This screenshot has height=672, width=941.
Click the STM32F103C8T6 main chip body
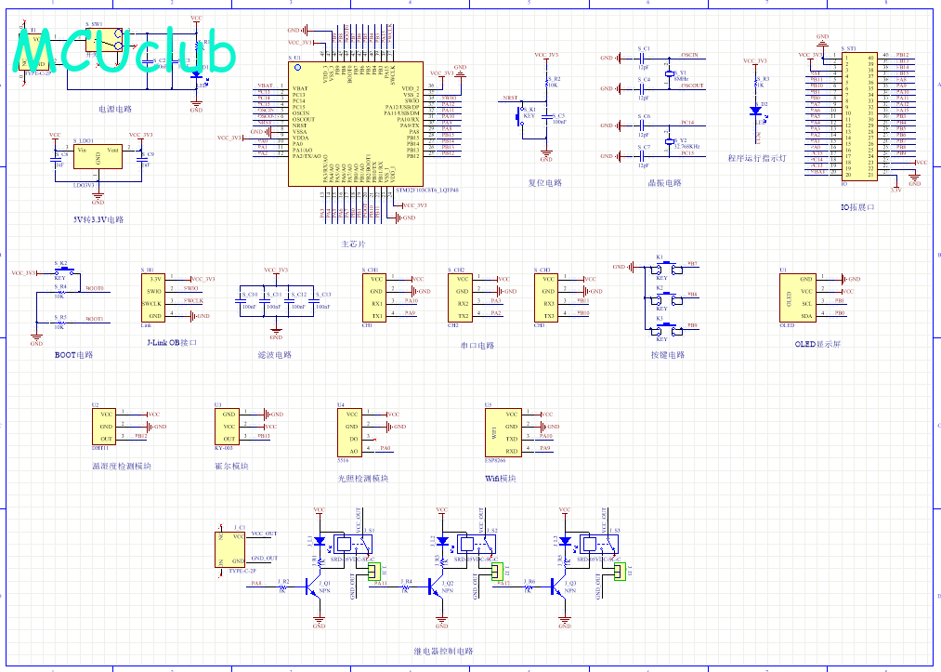pos(357,124)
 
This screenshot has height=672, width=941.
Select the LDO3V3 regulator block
pos(98,159)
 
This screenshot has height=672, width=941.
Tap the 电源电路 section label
pos(115,109)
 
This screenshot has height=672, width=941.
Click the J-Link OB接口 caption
pos(172,342)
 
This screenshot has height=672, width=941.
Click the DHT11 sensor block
pos(107,426)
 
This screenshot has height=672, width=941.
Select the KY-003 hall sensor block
pos(229,426)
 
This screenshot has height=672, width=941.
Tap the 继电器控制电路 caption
pos(442,652)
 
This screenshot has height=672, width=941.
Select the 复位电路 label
pos(544,183)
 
